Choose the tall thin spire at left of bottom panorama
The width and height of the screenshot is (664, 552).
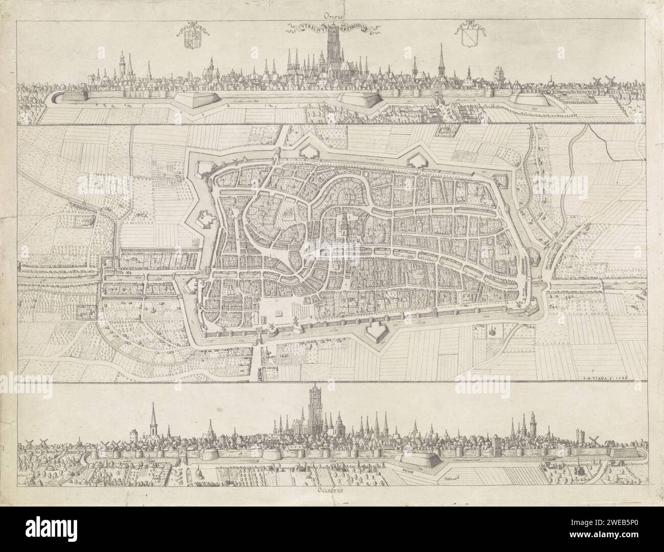point(153,421)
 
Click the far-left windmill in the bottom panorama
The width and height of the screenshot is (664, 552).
point(29,443)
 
